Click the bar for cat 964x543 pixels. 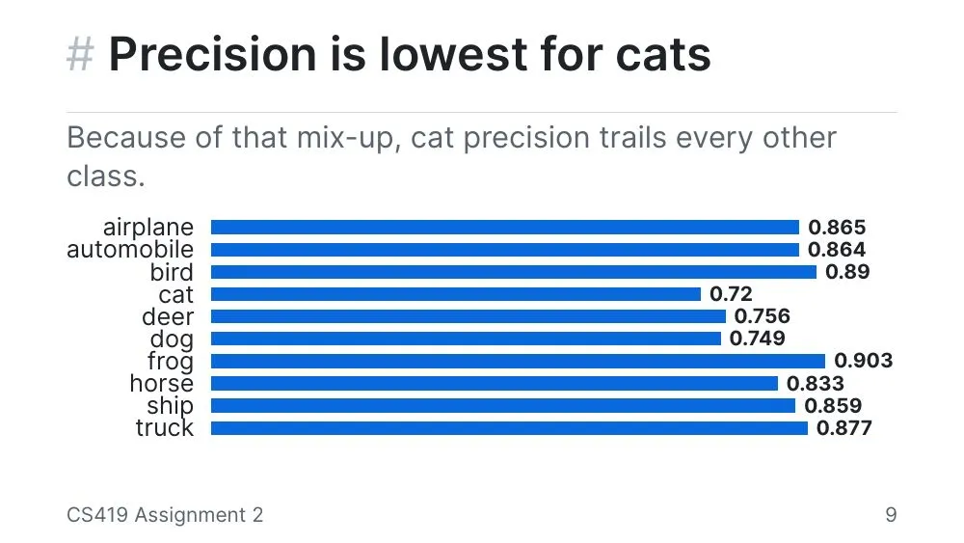[456, 294]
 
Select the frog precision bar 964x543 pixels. [518, 361]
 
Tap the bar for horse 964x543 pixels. [495, 383]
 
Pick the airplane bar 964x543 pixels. [505, 228]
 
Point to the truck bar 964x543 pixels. [509, 428]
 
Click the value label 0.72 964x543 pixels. [731, 294]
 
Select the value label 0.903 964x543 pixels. [863, 361]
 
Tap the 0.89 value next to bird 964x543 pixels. [847, 272]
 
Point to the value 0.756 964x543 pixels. [763, 316]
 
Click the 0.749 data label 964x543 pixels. [758, 339]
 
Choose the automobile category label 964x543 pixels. [130, 250]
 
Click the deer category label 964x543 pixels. [168, 316]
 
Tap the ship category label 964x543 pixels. [171, 406]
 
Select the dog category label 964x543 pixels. [173, 339]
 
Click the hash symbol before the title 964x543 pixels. [81, 54]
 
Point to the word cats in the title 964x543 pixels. [663, 55]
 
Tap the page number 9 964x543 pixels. [891, 515]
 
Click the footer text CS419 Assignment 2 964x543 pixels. [165, 515]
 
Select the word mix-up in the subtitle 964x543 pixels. [349, 138]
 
